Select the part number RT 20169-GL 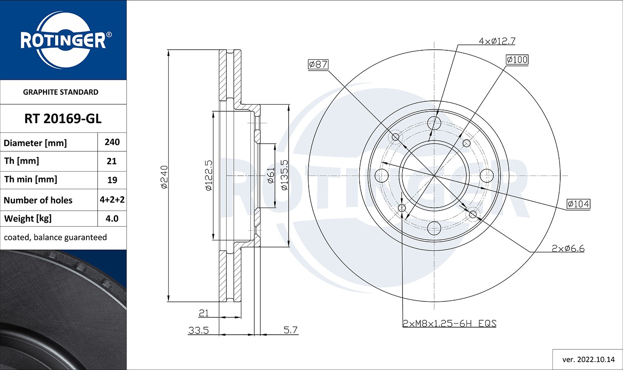(63, 119)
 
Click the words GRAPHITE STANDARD (61, 92)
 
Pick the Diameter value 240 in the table (112, 142)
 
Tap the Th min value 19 (112, 180)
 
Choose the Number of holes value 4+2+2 (112, 200)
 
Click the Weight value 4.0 (112, 218)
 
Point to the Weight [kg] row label (28, 218)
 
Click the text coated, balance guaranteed (55, 238)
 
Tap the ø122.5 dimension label (208, 176)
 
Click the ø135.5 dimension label (284, 175)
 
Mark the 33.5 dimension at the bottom (198, 330)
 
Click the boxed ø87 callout (318, 64)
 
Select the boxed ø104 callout (578, 204)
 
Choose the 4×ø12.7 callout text (497, 41)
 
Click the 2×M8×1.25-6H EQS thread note (449, 323)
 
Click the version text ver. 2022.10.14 (588, 359)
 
